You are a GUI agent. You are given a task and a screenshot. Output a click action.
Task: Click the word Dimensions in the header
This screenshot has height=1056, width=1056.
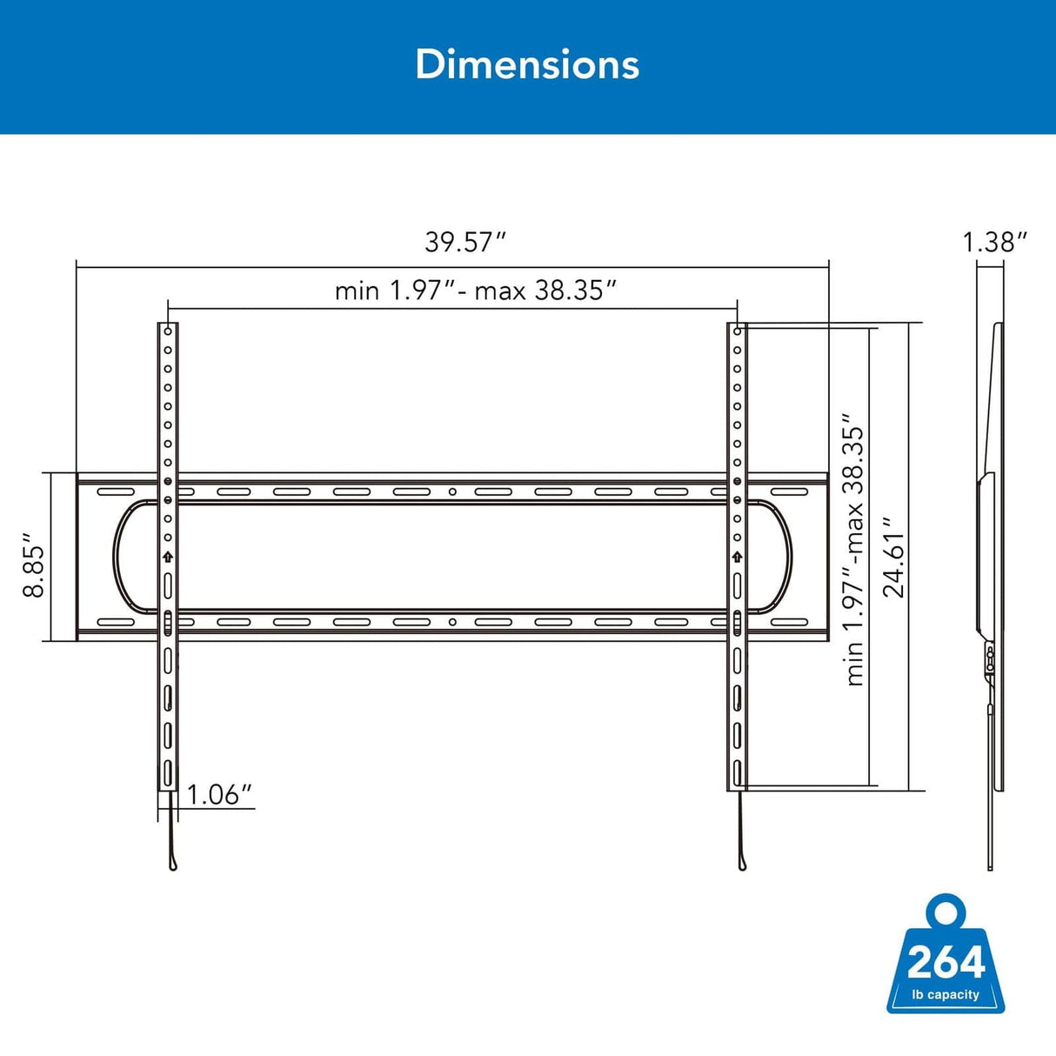pos(527,64)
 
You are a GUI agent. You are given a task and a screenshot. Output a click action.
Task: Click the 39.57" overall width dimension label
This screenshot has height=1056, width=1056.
pos(465,242)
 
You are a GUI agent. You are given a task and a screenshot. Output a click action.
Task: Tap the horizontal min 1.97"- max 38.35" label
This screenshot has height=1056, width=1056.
pos(476,290)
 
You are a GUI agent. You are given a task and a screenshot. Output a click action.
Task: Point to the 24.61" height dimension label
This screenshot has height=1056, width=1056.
pos(894,557)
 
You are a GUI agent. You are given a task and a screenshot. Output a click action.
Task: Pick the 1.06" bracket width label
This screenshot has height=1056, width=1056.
pos(218,794)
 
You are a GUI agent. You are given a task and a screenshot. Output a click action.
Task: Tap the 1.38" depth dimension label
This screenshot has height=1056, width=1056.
pos(994,242)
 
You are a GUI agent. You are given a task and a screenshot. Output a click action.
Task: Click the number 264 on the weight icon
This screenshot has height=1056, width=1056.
pos(946,962)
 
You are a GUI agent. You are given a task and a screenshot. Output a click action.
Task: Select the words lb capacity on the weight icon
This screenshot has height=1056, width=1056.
pos(946,994)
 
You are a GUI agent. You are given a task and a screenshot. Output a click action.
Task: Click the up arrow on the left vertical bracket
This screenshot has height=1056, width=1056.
pos(168,557)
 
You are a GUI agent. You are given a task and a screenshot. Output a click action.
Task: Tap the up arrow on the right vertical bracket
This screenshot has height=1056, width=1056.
pos(738,557)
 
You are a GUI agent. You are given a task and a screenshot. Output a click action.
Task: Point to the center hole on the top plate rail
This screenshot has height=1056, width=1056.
pos(452,492)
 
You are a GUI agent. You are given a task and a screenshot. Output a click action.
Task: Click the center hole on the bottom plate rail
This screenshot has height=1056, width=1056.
pos(452,622)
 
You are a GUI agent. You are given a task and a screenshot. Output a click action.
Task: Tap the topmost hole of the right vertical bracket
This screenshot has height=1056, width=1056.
pos(738,331)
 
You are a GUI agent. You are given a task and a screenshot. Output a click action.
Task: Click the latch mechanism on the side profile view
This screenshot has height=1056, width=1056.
pos(990,658)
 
